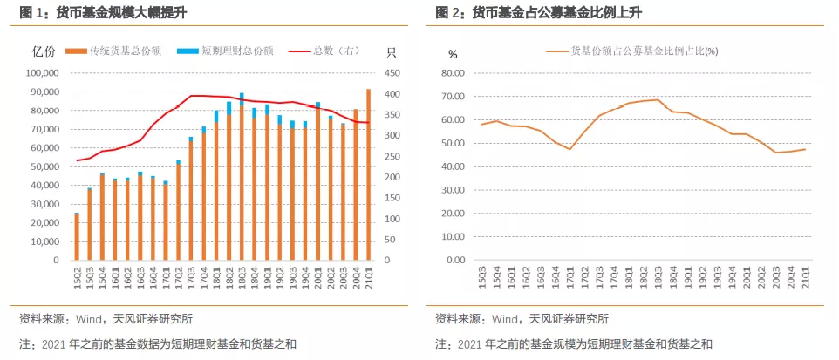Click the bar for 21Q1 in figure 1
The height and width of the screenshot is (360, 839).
(x=368, y=174)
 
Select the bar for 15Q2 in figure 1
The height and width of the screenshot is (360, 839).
(x=77, y=237)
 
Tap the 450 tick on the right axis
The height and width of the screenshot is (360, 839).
(x=392, y=73)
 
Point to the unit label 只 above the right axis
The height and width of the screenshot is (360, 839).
(x=391, y=53)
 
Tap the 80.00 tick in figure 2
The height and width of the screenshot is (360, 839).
(x=459, y=73)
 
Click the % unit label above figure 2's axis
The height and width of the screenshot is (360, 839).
(x=452, y=53)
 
